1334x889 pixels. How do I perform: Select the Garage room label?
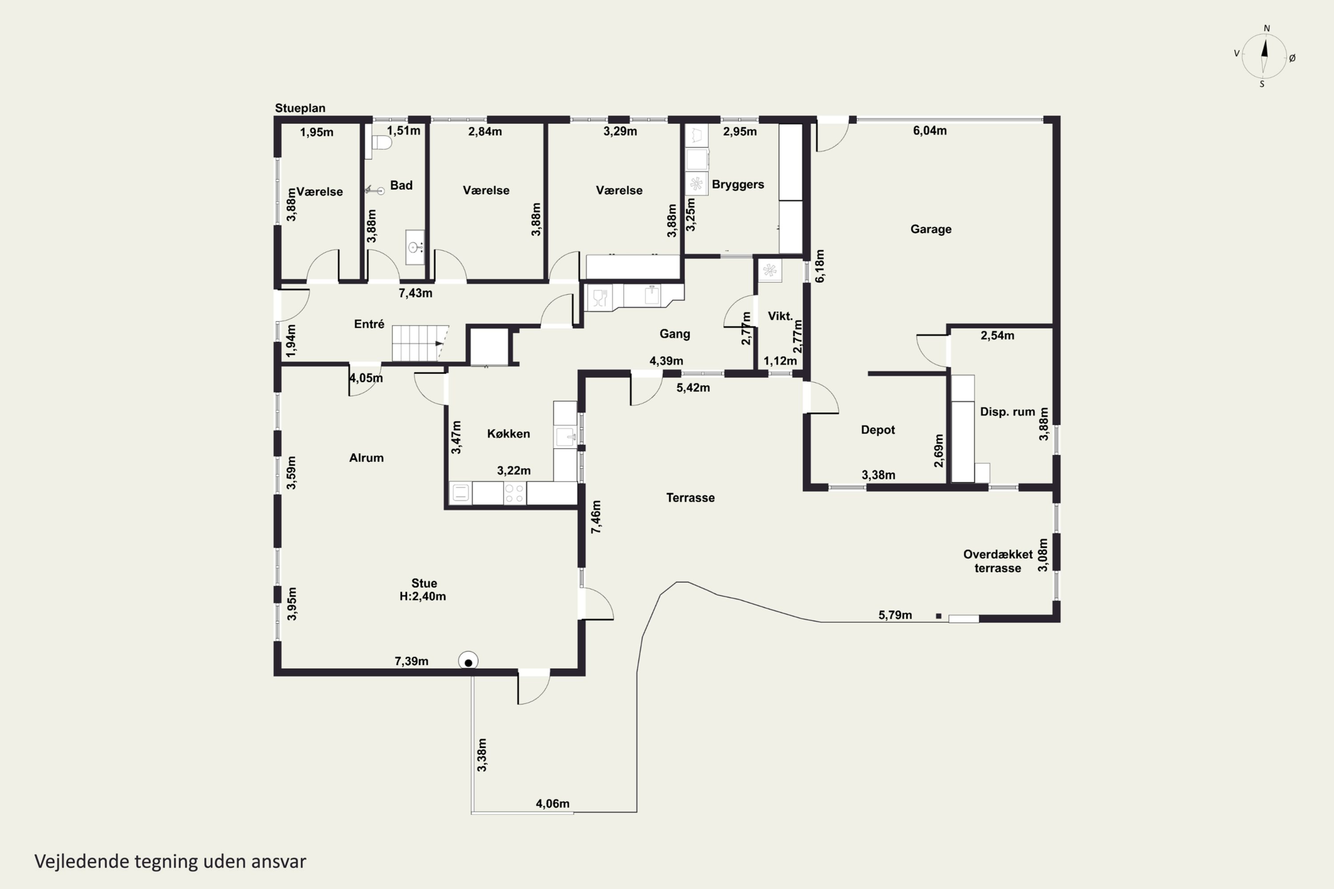(931, 229)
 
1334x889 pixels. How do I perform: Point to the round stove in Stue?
(468, 661)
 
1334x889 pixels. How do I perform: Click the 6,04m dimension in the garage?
(930, 130)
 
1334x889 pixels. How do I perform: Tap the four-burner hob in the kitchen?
(514, 493)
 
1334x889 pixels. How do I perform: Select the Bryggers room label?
(738, 185)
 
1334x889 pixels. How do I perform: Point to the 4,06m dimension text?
(552, 803)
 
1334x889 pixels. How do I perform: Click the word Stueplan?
(300, 108)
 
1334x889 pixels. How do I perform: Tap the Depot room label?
(877, 430)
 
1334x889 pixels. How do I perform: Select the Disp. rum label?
(1007, 412)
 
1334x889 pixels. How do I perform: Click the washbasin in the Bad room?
(414, 247)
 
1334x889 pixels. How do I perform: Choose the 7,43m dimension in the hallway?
(415, 293)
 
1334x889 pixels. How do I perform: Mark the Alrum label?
(366, 457)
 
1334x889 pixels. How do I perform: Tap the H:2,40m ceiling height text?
(422, 597)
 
